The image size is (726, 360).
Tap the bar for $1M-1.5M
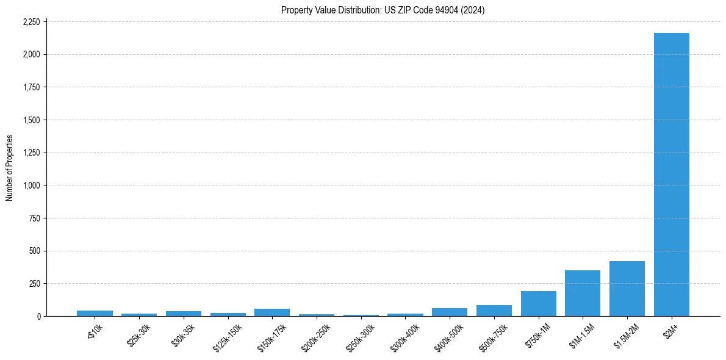[x=583, y=293]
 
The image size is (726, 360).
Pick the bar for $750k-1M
[x=538, y=304]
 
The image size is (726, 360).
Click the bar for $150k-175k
[x=272, y=312]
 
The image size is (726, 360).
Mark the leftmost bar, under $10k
[x=95, y=313]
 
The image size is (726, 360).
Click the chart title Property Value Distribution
[x=383, y=10]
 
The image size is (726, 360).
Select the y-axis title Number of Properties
[x=10, y=168]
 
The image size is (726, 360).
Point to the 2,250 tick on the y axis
[x=31, y=22]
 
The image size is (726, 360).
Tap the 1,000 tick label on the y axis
[x=31, y=185]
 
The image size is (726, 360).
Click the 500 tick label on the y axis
[x=35, y=251]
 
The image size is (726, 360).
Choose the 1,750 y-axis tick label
[x=31, y=87]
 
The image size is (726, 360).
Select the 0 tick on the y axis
[x=38, y=316]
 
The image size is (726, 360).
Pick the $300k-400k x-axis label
[x=404, y=337]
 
